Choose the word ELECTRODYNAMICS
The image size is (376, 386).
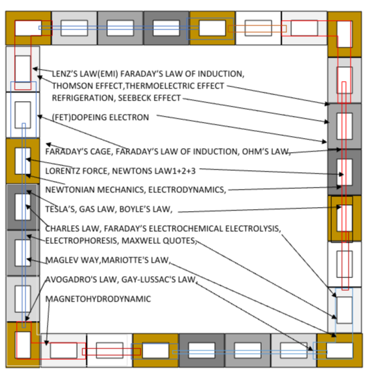click(187, 190)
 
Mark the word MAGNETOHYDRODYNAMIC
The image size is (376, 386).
click(98, 299)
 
